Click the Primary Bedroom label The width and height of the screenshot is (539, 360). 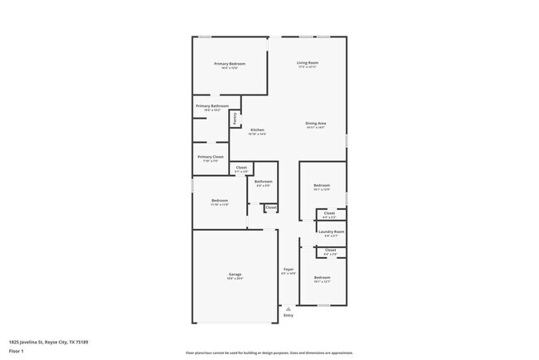click(x=230, y=64)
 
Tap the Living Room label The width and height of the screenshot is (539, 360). click(x=308, y=63)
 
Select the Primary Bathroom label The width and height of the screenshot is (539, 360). click(x=212, y=106)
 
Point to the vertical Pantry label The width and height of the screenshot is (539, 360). click(x=235, y=118)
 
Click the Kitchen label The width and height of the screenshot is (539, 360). click(x=257, y=130)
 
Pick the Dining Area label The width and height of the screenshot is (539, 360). click(x=315, y=124)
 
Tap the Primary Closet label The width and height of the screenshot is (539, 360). click(x=211, y=157)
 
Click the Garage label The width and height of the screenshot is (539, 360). click(x=236, y=275)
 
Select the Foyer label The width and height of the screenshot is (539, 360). click(x=289, y=269)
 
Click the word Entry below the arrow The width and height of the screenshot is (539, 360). click(x=289, y=315)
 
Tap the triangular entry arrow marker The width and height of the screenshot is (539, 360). click(x=289, y=309)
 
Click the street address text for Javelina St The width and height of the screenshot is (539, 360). click(x=44, y=340)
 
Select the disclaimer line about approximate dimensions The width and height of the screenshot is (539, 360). click(x=269, y=352)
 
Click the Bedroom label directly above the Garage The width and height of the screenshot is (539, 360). click(x=220, y=201)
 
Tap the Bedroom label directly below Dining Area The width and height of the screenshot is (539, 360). click(x=322, y=185)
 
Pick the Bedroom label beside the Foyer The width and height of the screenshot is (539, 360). click(x=322, y=277)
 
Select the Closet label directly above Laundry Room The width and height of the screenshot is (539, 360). click(x=330, y=213)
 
